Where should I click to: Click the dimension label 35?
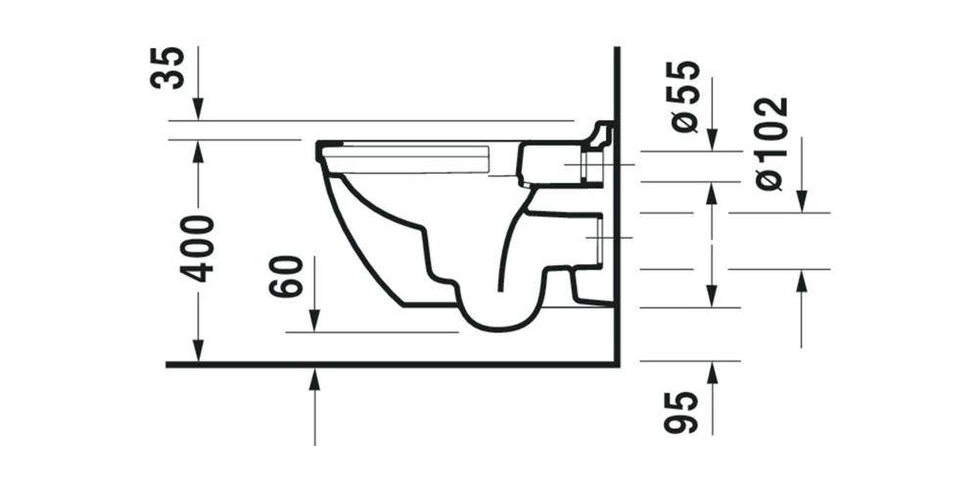172,67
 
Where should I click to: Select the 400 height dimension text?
199,248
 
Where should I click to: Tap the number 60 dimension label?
286,277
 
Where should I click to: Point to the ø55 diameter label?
686,96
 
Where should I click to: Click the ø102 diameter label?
772,143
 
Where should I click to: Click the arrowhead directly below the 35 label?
199,111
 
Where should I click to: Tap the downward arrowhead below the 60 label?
315,323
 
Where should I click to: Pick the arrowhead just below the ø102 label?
802,202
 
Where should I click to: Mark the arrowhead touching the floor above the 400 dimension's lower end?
199,353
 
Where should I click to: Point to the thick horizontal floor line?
392,365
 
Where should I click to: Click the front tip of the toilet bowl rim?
320,152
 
